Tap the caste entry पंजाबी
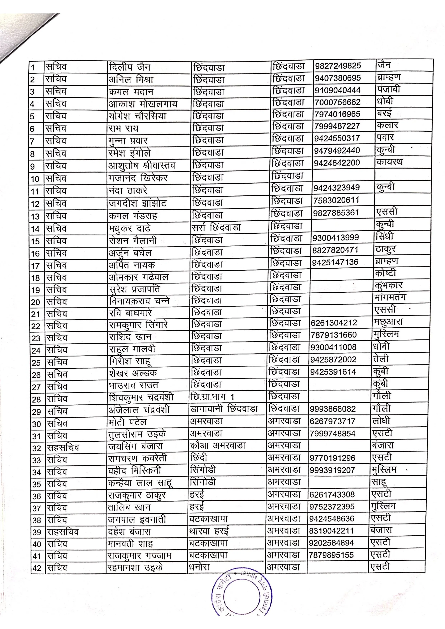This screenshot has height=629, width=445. (x=388, y=89)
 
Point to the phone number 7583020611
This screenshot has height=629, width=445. (x=336, y=200)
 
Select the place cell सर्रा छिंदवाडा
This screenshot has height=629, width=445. (x=216, y=227)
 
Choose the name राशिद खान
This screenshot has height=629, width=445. (x=130, y=337)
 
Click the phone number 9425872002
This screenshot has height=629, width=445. (x=333, y=360)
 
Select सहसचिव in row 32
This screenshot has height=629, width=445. (x=63, y=448)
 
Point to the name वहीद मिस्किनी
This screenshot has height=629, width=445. (x=134, y=471)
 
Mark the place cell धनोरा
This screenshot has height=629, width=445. (x=199, y=567)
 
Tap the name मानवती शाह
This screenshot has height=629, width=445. (x=130, y=543)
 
